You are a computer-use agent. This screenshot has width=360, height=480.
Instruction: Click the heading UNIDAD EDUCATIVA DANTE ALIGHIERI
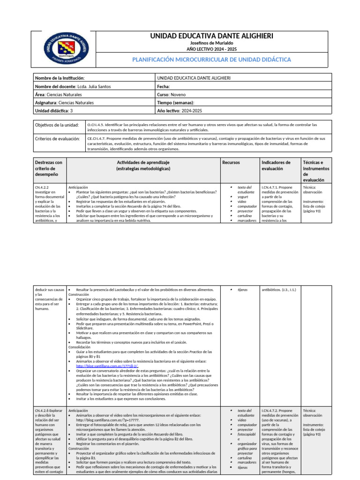211,36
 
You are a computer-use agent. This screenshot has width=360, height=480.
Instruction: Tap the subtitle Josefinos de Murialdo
211,44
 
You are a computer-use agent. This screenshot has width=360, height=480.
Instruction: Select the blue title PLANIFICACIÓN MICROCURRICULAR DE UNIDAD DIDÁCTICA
211,60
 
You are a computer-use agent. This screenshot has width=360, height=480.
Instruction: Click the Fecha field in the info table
164,86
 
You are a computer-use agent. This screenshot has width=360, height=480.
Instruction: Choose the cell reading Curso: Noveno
172,94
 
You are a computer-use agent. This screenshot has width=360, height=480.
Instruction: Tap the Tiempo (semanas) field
176,102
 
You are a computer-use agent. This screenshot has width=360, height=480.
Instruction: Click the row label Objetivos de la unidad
57,126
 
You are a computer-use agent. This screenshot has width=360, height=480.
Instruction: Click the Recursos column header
231,162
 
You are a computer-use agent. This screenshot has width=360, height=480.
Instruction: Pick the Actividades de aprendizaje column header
143,165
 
